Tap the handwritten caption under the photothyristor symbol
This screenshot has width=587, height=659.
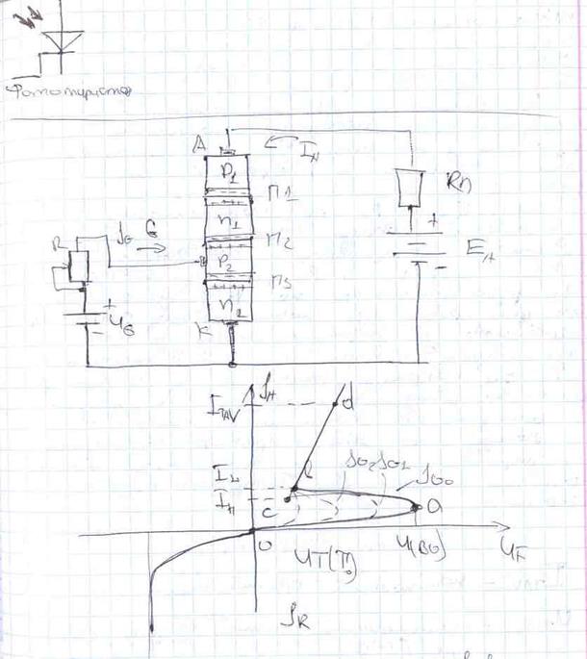click(67, 92)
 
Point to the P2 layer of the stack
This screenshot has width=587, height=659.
click(227, 261)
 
